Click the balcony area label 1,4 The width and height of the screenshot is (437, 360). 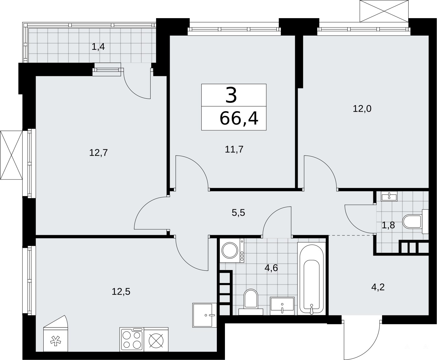click(98, 47)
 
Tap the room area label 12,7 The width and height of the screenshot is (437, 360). click(99, 153)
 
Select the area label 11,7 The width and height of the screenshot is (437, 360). click(234, 149)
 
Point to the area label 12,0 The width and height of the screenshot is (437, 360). click(362, 109)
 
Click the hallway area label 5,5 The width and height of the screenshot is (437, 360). click(238, 213)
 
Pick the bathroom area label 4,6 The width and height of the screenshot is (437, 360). click(271, 268)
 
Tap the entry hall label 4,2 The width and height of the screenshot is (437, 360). click(378, 287)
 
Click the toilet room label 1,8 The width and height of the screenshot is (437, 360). click(388, 225)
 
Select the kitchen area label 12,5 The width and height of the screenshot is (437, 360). click(121, 291)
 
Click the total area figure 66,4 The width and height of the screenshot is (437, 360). click(239, 118)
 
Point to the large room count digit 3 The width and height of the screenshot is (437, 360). click(231, 95)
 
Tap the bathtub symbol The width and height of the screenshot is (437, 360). click(311, 278)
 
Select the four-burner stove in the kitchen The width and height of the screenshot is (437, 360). click(132, 340)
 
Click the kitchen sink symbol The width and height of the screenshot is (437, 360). click(204, 315)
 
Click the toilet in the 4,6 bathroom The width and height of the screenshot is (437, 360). click(251, 302)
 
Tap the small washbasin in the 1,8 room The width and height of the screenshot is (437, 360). click(389, 196)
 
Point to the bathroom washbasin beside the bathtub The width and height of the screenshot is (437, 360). click(282, 306)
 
